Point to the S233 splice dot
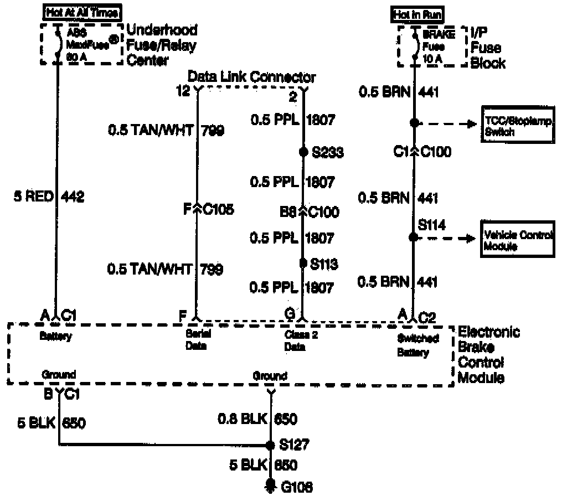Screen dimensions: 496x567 pyautogui.click(x=303, y=152)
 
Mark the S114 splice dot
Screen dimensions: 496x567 pyautogui.click(x=413, y=237)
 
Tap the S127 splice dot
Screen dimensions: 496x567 pyautogui.click(x=270, y=445)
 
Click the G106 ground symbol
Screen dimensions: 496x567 pyautogui.click(x=270, y=485)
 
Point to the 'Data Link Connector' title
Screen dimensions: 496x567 pyautogui.click(x=252, y=77)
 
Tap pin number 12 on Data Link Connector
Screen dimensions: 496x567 pyautogui.click(x=183, y=90)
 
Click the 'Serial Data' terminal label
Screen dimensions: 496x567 pyautogui.click(x=196, y=340)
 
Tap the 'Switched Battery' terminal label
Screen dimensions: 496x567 pyautogui.click(x=417, y=345)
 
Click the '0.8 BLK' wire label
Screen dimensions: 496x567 pyautogui.click(x=242, y=419)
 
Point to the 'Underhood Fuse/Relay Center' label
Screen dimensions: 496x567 pyautogui.click(x=162, y=45)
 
